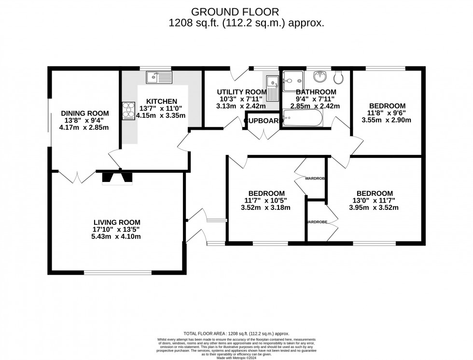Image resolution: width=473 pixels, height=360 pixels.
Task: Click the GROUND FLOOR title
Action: (236, 11)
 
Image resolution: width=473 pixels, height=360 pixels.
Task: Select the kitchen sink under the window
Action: (159, 76)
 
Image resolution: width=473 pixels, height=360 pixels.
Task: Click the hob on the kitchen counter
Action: (129, 110)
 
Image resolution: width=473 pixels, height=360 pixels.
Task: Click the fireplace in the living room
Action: (117, 178)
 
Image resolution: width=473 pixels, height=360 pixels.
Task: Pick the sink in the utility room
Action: (272, 87)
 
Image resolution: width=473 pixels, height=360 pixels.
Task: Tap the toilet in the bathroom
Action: (338, 77)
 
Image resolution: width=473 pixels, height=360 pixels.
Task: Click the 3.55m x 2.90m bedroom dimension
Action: (387, 120)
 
